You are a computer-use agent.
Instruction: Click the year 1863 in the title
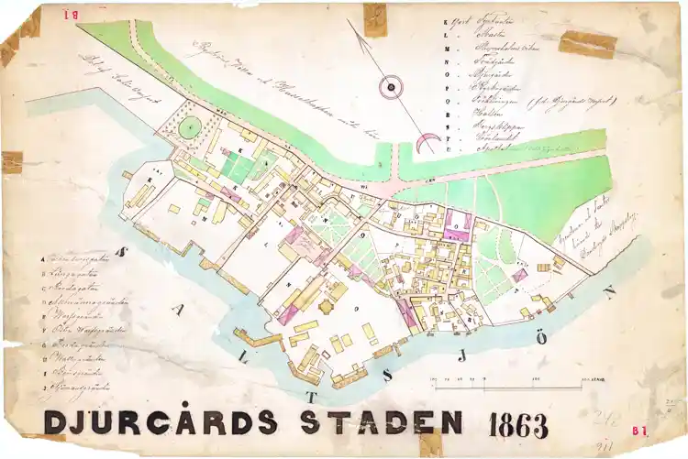518,426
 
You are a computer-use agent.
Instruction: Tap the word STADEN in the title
381,423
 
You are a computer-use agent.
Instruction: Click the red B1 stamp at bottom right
640,429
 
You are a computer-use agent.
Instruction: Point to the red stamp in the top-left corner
69,13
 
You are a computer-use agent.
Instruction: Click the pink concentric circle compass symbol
391,87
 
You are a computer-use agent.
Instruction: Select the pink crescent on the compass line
427,143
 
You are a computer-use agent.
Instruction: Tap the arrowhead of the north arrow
353,26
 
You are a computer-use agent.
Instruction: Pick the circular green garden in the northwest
188,129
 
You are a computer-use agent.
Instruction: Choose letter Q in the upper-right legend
446,100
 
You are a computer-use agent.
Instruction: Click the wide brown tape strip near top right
588,43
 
